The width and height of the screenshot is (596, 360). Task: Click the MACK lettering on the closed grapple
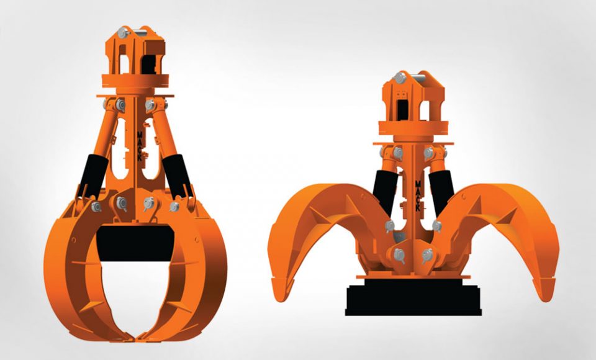(140, 146)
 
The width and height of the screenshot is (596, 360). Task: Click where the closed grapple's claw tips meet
(135, 338)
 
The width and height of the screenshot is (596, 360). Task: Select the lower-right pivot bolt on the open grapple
(427, 255)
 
